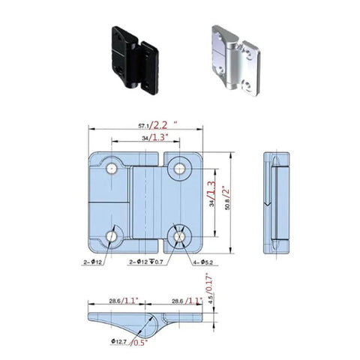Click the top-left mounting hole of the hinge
(112, 169)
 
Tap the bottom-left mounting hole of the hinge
(112, 237)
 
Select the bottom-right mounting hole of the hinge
(181, 237)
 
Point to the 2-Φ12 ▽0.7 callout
(145, 260)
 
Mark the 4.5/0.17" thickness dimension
(211, 287)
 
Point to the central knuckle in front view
(146, 203)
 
